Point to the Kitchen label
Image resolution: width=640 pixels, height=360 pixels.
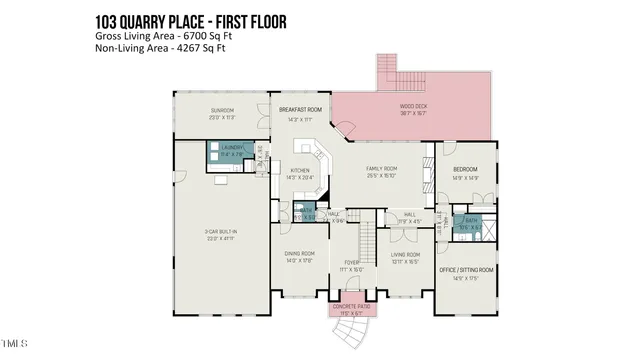299,170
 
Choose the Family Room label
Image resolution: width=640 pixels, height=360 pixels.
383,170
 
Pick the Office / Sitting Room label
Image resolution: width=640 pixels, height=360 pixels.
467,270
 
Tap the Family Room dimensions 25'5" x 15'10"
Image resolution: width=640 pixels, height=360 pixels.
383,177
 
